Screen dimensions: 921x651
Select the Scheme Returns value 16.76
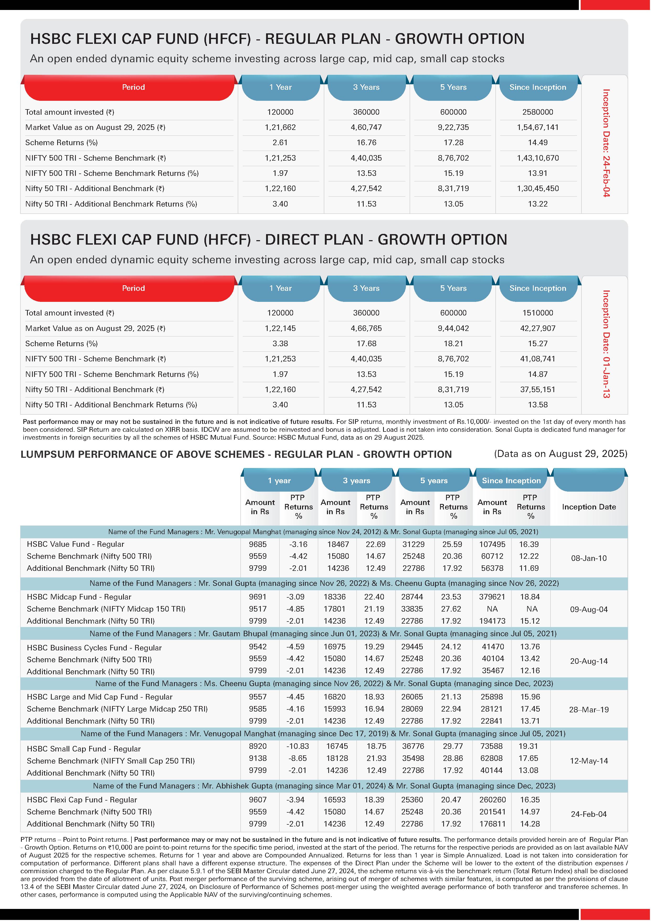click(x=366, y=143)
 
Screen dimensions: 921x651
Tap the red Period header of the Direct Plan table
click(x=133, y=288)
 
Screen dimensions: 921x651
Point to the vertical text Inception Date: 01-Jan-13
click(x=606, y=344)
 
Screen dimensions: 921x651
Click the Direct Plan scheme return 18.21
click(x=453, y=343)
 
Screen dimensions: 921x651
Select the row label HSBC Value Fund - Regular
click(x=75, y=544)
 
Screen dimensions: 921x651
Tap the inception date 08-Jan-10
click(x=589, y=558)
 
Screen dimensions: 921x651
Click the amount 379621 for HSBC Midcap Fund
click(x=492, y=597)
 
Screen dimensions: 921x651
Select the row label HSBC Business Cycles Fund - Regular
click(x=94, y=648)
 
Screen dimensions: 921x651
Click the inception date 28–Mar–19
click(x=589, y=710)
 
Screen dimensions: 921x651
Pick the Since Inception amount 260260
click(x=492, y=800)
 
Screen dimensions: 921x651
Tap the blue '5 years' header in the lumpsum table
click(x=433, y=481)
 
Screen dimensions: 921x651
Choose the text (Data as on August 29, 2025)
click(x=560, y=454)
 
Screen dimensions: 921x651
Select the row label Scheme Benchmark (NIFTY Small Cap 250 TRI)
click(x=111, y=761)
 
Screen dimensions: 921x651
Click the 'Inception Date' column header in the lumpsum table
click(x=589, y=507)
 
